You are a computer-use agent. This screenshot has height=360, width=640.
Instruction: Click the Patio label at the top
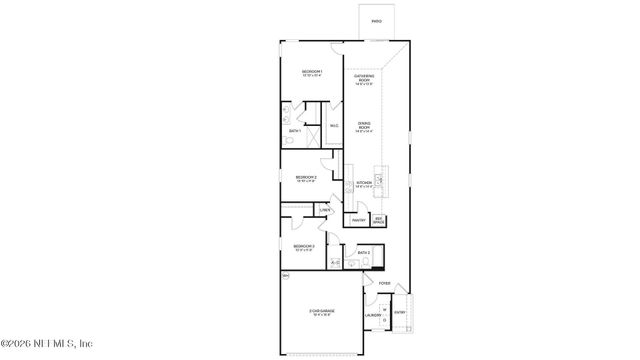[376, 21]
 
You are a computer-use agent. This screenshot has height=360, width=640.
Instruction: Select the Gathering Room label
[364, 77]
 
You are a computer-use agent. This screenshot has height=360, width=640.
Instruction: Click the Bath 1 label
[295, 131]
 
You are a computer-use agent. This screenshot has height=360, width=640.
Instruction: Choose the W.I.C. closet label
[334, 126]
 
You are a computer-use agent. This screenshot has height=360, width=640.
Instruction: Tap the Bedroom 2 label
[306, 179]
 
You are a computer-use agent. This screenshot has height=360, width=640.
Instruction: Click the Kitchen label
[364, 184]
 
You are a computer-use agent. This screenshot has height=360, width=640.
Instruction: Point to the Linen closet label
[324, 210]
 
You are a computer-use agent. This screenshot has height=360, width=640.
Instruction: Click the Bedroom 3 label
[304, 247]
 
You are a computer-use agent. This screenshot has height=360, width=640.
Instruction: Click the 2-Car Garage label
[320, 313]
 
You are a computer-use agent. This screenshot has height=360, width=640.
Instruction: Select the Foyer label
[384, 284]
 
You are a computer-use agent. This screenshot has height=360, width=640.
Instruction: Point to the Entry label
[400, 313]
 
